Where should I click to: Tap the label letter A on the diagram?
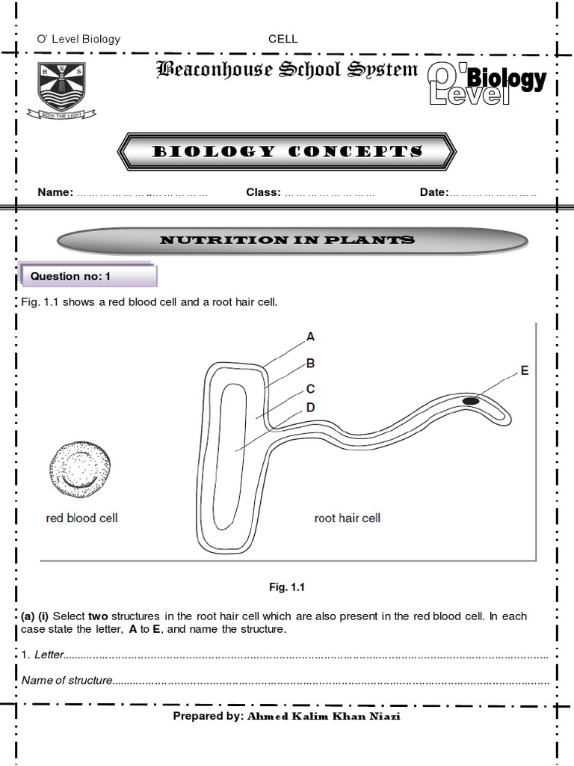310,337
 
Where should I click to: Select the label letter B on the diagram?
310,364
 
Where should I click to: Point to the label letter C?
310,389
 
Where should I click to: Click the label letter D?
310,408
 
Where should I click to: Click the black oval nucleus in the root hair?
471,402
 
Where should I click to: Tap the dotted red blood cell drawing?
79,470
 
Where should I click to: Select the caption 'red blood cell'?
81,518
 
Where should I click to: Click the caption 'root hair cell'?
347,518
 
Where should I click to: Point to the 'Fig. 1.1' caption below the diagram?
288,588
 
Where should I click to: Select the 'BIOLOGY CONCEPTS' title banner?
288,152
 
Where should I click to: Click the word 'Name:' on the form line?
55,192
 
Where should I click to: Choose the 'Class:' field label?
263,192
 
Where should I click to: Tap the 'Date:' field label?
433,192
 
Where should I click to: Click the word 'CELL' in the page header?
283,39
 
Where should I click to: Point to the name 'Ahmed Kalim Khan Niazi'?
328,716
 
